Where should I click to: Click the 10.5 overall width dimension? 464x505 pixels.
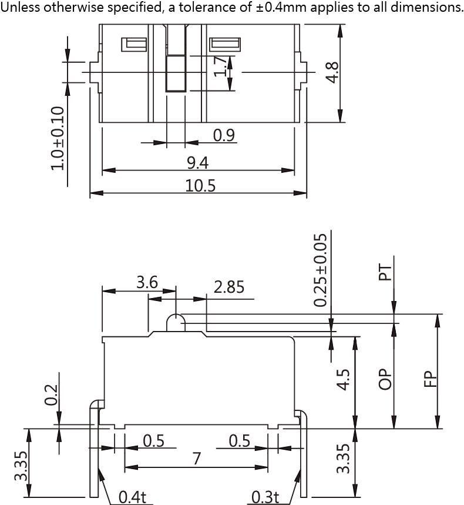click(x=200, y=186)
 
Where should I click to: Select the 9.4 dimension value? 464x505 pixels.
click(x=197, y=163)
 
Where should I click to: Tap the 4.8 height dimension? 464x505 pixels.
click(x=332, y=72)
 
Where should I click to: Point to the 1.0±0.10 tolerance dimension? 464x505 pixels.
click(x=58, y=138)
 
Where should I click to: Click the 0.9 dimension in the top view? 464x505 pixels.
click(x=224, y=135)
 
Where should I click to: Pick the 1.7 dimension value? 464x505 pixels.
click(x=220, y=66)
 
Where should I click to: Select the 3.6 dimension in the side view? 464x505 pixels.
click(x=147, y=282)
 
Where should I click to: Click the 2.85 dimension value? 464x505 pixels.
click(x=229, y=287)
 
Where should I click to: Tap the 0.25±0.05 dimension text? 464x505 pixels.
click(x=320, y=270)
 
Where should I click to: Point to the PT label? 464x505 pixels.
click(x=385, y=272)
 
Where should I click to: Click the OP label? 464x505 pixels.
click(x=385, y=379)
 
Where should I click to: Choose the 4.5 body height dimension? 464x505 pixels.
click(x=343, y=380)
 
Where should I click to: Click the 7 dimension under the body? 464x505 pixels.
click(x=197, y=459)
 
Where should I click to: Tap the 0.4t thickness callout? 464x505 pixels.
click(x=132, y=497)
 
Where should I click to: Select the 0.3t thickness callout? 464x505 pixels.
click(x=265, y=497)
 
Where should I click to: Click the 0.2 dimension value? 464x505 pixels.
click(x=51, y=395)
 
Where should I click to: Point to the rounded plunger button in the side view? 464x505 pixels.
click(x=176, y=322)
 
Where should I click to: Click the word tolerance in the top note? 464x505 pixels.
click(x=214, y=7)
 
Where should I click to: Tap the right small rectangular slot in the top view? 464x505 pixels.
click(x=225, y=45)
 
